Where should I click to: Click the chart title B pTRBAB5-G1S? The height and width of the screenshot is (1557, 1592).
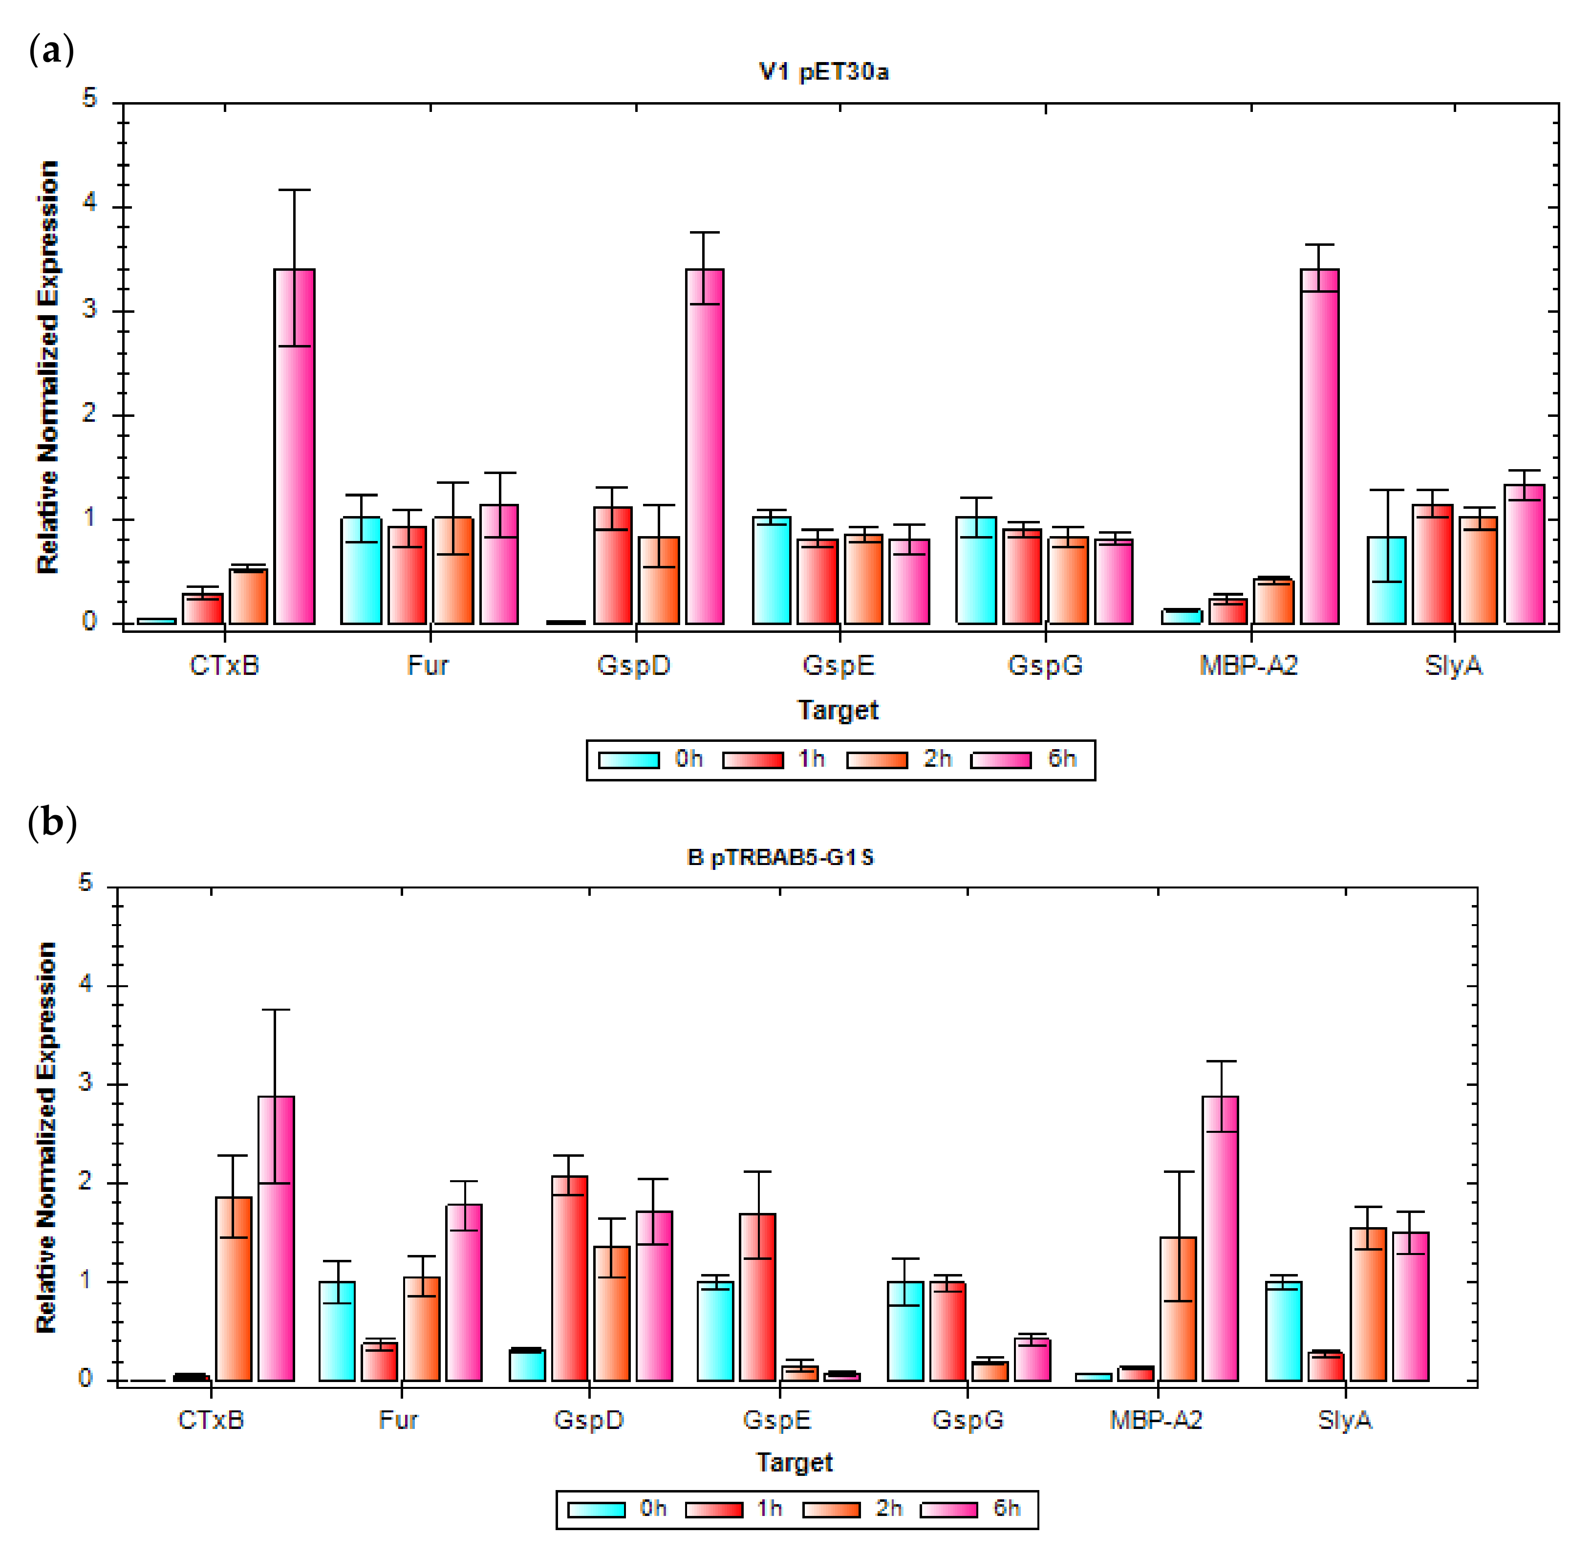[x=779, y=857]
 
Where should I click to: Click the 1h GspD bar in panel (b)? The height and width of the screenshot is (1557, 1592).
[x=569, y=1278]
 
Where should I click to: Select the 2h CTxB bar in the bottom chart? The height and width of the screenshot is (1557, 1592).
[x=234, y=1289]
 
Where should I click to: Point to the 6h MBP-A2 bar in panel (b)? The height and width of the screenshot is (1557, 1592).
[x=1220, y=1239]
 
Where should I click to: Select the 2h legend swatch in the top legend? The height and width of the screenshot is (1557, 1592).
[x=877, y=760]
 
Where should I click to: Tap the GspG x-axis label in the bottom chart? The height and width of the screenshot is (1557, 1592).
[x=968, y=1420]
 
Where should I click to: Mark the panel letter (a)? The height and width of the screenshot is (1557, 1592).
[x=51, y=51]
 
